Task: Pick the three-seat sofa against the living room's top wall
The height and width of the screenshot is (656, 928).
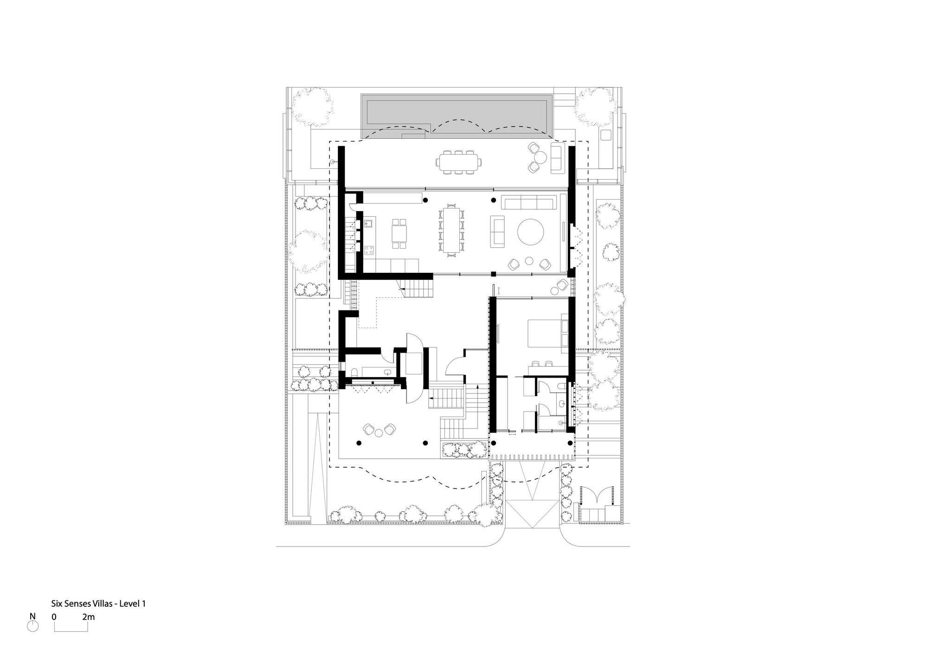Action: coord(528,203)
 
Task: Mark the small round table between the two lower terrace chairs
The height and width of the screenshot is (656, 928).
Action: coord(380,433)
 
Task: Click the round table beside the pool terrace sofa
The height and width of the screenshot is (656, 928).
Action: coord(539,157)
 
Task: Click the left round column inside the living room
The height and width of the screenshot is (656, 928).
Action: coord(425,200)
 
